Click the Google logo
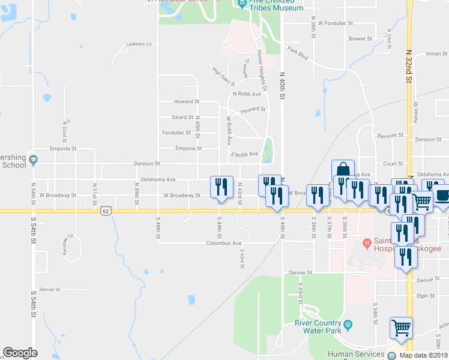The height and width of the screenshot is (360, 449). [x=20, y=353]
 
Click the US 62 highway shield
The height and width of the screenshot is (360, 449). [x=106, y=211]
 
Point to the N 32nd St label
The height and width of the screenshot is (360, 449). [x=408, y=66]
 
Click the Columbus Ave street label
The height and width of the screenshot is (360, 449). [x=223, y=244]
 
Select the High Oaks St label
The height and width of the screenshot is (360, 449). [x=224, y=76]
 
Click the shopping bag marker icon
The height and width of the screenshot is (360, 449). [x=342, y=169]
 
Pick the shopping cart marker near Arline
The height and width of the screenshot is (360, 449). [x=401, y=327]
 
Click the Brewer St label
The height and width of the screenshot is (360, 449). [x=360, y=38]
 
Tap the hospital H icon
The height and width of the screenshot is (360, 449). [x=367, y=243]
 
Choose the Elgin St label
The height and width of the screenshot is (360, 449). [x=425, y=295]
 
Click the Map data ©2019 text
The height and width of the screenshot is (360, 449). [x=424, y=355]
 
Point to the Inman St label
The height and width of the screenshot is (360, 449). [x=434, y=54]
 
